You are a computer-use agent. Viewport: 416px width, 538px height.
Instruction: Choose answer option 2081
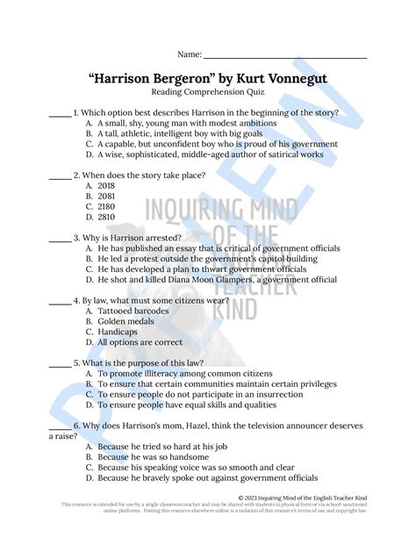(107, 196)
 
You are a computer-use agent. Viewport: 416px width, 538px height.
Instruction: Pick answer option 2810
(107, 217)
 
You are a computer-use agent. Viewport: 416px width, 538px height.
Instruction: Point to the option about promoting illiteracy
(176, 373)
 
